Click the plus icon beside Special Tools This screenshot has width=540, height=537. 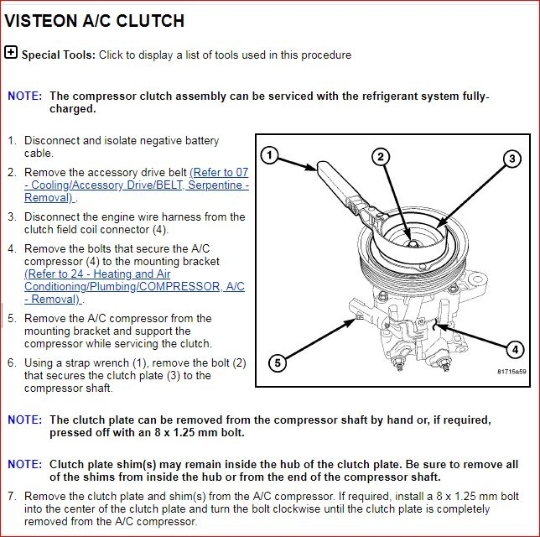[11, 52]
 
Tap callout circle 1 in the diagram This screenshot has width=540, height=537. [268, 154]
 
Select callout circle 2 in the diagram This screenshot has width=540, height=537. [380, 156]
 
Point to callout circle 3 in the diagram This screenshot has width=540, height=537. [511, 158]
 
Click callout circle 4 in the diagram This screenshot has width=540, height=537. [515, 349]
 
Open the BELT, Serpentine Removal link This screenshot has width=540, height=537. [136, 185]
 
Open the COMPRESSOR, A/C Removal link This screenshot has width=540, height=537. [134, 286]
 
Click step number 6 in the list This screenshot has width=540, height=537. [12, 363]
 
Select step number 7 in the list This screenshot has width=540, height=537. [12, 497]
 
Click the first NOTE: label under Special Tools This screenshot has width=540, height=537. [23, 96]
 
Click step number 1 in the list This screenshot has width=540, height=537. [12, 141]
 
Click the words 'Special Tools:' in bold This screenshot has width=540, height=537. [59, 55]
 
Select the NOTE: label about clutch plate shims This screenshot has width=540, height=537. [23, 464]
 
